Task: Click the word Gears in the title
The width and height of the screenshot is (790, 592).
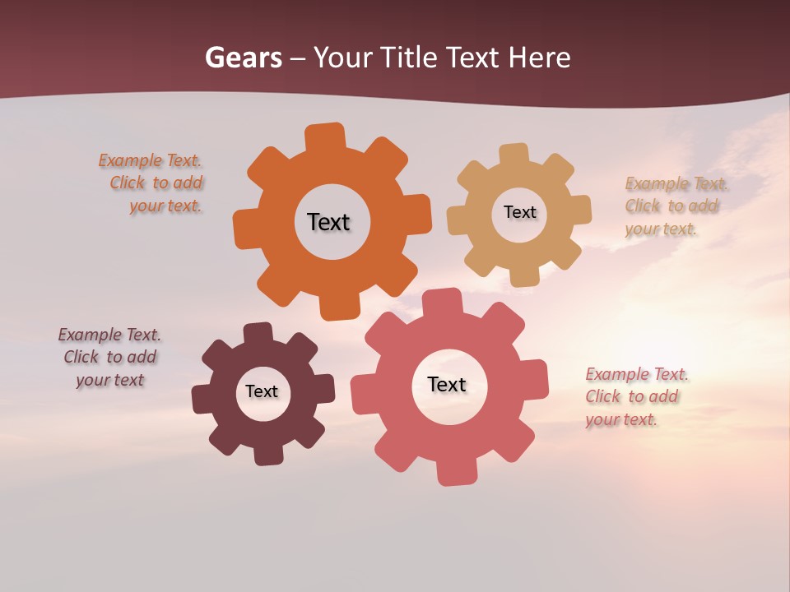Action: pos(243,58)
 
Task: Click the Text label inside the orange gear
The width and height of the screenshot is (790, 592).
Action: pos(328,222)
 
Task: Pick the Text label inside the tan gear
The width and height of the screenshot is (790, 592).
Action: pos(519,212)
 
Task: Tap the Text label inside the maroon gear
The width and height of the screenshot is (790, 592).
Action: pos(262,391)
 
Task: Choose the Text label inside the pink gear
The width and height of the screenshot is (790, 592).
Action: pos(447,384)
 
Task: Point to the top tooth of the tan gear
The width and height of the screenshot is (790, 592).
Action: pos(514,155)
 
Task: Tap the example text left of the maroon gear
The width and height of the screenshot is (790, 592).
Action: pos(109,357)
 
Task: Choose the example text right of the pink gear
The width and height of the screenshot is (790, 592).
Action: pos(634,397)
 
